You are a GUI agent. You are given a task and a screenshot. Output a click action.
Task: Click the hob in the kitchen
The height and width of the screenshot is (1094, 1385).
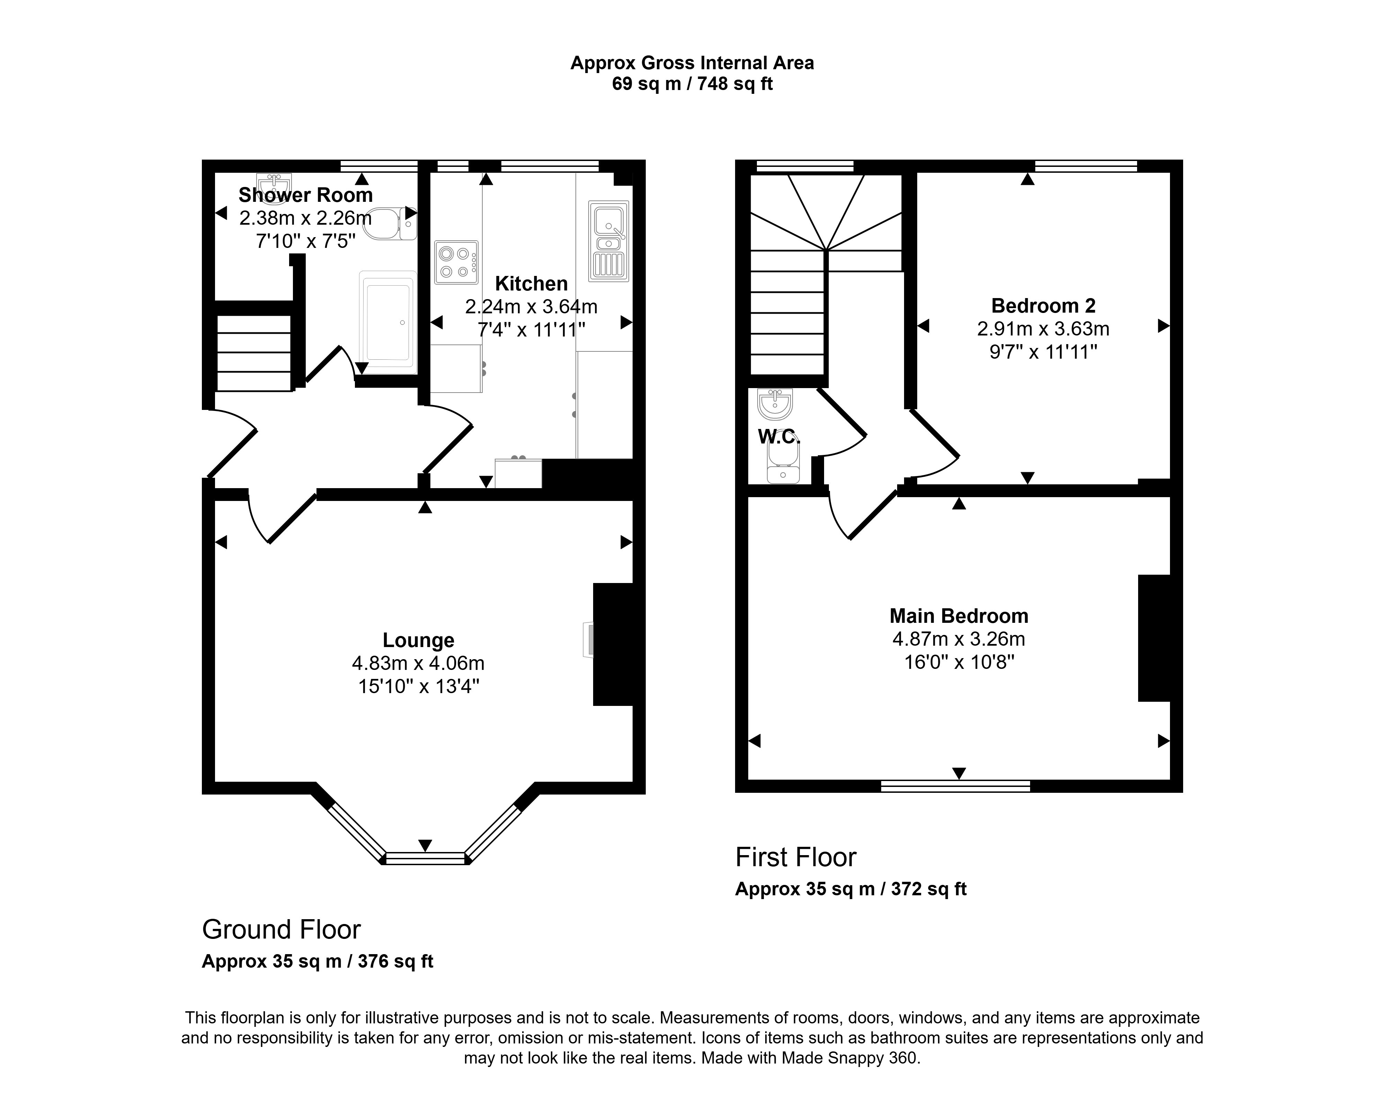pos(456,262)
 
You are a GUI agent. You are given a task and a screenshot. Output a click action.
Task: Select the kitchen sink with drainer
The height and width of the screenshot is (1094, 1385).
pos(609,241)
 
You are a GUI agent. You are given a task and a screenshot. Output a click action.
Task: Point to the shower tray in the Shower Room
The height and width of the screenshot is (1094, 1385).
pos(387,322)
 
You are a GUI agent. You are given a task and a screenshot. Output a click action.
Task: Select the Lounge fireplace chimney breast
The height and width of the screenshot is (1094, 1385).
pos(613,644)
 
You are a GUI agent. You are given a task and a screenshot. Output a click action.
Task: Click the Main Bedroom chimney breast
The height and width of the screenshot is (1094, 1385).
pos(1154,638)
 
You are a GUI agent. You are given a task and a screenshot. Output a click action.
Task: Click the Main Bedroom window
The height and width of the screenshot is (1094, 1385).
pos(956,786)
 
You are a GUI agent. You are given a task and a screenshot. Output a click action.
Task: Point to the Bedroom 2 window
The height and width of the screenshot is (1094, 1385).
pos(1086,166)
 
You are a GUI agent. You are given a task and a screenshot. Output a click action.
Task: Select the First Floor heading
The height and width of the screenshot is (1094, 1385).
pos(796,857)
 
